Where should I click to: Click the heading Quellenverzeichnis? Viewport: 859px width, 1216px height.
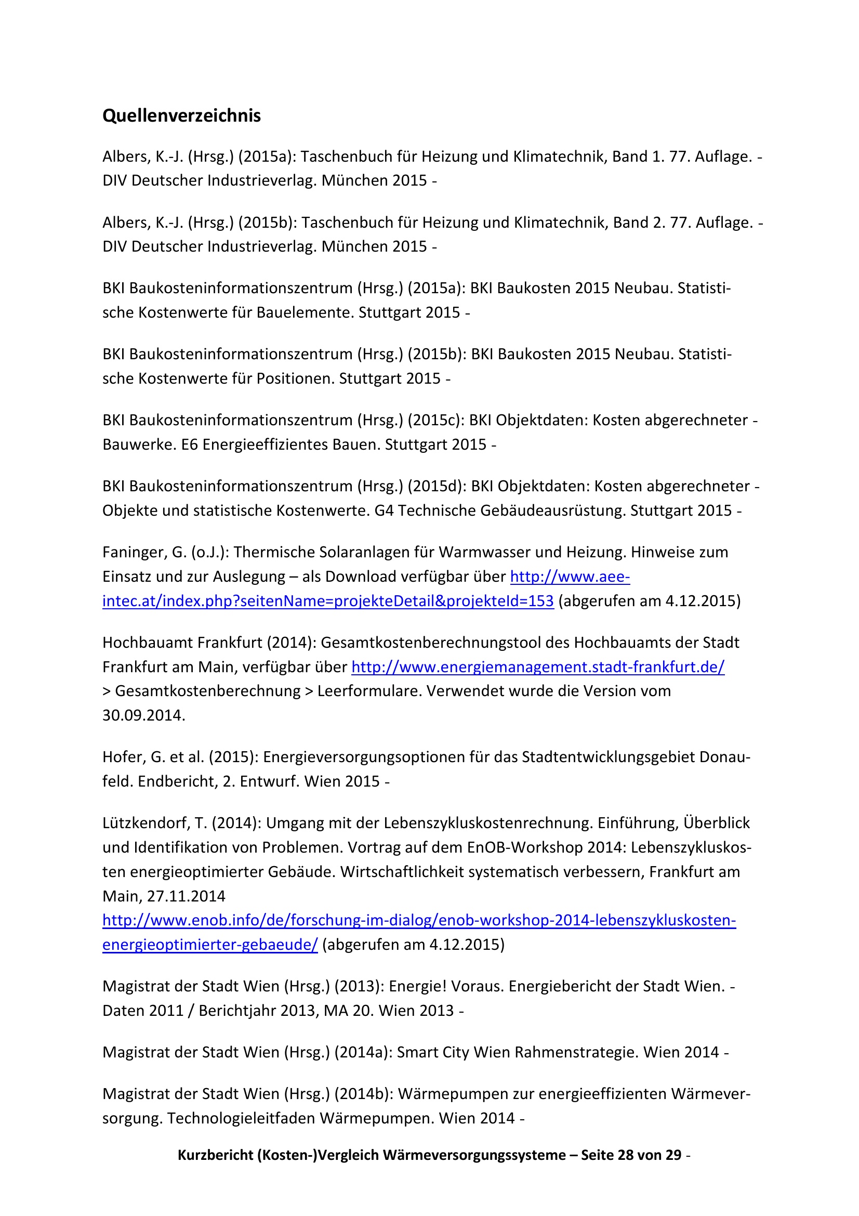point(181,115)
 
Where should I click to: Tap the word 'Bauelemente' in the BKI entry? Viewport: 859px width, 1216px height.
point(305,312)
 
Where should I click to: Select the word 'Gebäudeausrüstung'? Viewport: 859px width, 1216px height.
point(553,511)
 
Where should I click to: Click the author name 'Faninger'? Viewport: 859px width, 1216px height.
point(135,553)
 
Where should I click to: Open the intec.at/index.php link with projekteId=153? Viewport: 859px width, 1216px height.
point(327,601)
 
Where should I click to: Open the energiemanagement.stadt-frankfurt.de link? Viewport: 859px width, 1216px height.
point(538,667)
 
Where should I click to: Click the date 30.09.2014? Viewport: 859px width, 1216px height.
point(143,715)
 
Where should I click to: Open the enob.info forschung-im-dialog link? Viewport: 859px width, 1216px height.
point(419,921)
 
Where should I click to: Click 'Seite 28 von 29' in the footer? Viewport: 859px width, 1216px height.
point(631,1155)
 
